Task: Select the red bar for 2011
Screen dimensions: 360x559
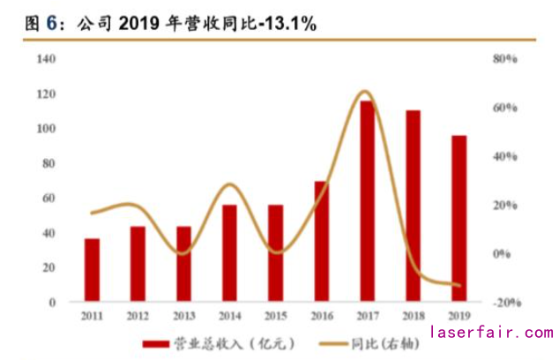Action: coord(92,270)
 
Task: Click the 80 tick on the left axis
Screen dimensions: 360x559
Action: coord(49,163)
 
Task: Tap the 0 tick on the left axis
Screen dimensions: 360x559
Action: coord(53,302)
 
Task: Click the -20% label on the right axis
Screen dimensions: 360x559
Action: coord(503,303)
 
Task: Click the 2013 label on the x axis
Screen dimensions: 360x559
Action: coord(183,315)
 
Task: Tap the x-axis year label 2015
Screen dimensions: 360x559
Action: coord(275,315)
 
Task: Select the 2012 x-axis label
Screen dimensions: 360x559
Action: coord(138,315)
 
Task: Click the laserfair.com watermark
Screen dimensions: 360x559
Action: coord(492,333)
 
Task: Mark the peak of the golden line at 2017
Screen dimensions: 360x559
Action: coord(367,92)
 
